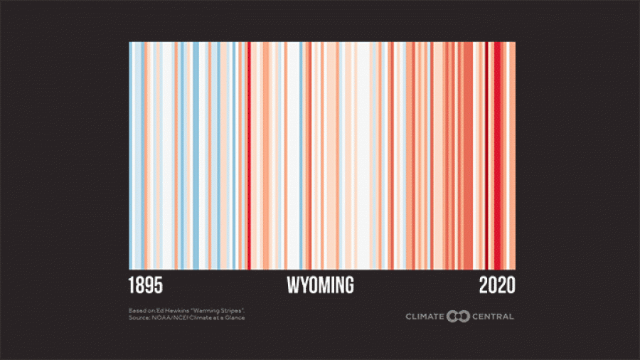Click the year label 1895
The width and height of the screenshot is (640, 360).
pyautogui.click(x=146, y=286)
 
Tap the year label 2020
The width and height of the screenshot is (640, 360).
pyautogui.click(x=496, y=286)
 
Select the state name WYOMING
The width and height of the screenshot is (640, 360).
pyautogui.click(x=320, y=286)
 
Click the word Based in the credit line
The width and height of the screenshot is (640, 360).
pyautogui.click(x=137, y=311)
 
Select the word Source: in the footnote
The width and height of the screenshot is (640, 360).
pyautogui.click(x=139, y=317)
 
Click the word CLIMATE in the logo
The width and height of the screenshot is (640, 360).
pyautogui.click(x=425, y=316)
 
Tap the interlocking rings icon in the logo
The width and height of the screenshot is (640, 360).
pyautogui.click(x=457, y=316)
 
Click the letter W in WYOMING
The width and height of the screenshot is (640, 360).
pyautogui.click(x=293, y=286)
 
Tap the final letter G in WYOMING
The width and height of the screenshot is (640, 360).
pyautogui.click(x=348, y=286)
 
